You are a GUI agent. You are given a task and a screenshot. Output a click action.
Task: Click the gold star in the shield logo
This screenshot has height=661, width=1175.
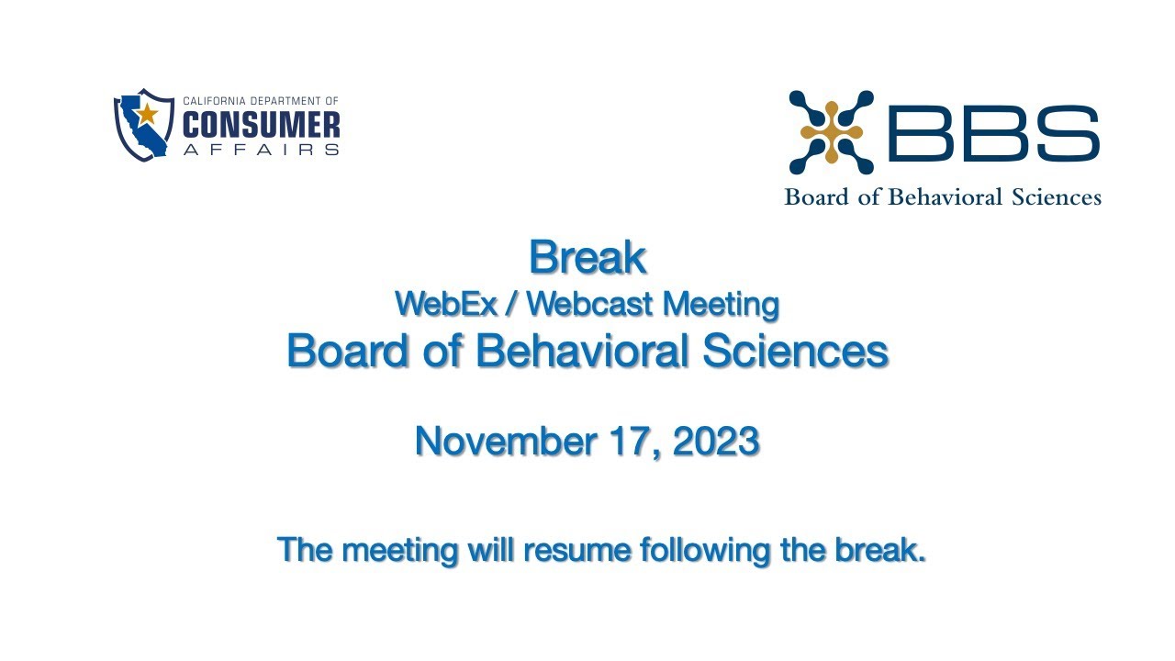(148, 114)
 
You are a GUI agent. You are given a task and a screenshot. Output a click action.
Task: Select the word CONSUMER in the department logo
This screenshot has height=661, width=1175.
(261, 125)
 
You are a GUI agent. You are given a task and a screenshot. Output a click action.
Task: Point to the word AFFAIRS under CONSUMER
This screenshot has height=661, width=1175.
(261, 149)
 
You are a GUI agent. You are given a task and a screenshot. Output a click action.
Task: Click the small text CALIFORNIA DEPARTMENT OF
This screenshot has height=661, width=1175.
(261, 101)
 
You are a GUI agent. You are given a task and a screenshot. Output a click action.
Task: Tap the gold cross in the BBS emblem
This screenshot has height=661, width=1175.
(831, 133)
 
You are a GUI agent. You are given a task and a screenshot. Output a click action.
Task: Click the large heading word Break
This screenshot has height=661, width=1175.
(587, 258)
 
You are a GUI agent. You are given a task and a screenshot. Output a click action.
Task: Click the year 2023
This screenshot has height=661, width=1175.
(716, 442)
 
